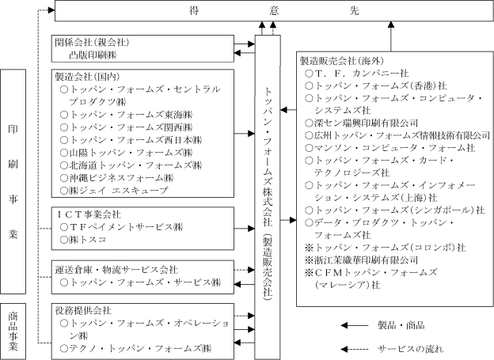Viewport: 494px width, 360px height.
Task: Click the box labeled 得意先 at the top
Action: (x=274, y=11)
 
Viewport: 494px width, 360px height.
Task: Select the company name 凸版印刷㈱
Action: (x=93, y=55)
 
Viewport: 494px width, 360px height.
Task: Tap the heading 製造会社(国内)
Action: (x=87, y=77)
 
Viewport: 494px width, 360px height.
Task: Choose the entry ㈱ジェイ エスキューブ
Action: (x=114, y=190)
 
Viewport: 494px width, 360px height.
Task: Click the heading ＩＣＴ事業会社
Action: (x=88, y=214)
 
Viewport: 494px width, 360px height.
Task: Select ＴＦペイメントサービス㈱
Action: (x=122, y=227)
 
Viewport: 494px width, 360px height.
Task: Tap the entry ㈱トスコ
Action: (x=83, y=240)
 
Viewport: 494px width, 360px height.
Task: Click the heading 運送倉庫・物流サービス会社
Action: (x=116, y=270)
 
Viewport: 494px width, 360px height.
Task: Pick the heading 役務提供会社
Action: (x=83, y=311)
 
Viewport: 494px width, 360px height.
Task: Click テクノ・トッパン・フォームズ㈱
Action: (x=136, y=348)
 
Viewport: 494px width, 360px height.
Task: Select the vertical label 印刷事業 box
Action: (x=13, y=182)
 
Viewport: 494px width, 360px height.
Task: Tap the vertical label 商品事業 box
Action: (x=13, y=332)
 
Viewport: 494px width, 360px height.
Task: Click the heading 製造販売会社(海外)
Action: (x=342, y=61)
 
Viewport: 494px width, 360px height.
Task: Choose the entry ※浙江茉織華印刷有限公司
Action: (x=361, y=260)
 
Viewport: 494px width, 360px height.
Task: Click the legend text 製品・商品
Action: (x=401, y=325)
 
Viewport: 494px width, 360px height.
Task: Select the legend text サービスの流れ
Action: (x=411, y=349)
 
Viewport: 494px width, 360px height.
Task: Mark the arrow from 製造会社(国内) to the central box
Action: (x=245, y=134)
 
